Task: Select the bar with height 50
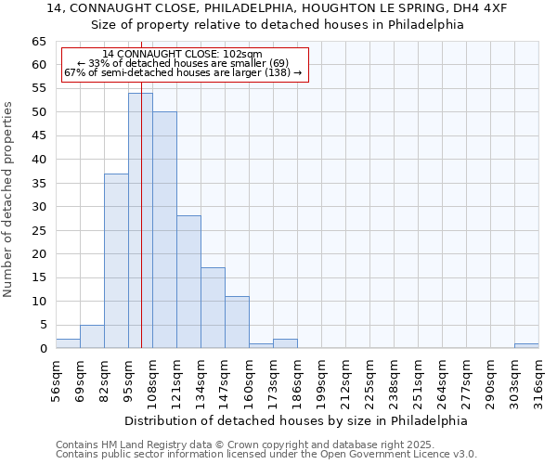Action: (x=164, y=230)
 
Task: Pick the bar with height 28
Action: (x=188, y=282)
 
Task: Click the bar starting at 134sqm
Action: (x=213, y=308)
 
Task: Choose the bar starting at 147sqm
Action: (x=237, y=322)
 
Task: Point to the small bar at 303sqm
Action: (x=526, y=346)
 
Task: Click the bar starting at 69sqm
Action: (x=92, y=337)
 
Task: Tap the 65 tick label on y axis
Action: (x=38, y=42)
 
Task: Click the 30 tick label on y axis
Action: (x=38, y=207)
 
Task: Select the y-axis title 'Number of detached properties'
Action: (x=9, y=200)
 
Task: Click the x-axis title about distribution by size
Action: (x=296, y=420)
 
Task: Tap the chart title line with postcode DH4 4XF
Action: (x=277, y=8)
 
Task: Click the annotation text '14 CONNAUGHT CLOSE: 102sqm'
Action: (x=183, y=54)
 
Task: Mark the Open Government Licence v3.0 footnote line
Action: (x=266, y=455)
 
